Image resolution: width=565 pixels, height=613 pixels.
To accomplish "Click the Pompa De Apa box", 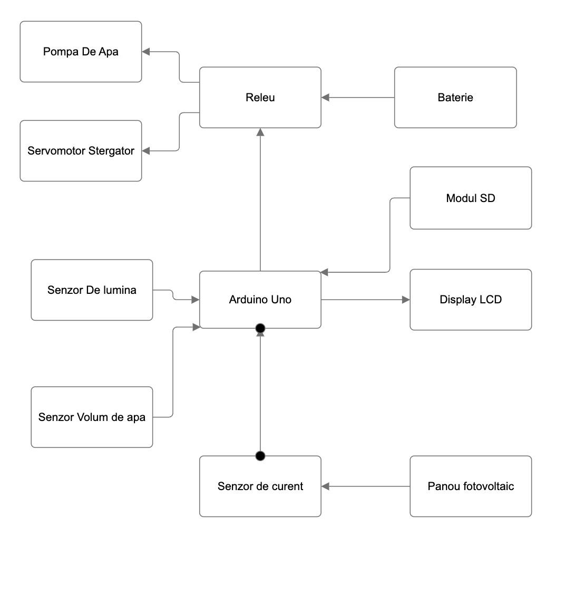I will [x=81, y=52].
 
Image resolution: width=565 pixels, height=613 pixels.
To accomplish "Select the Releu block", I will [x=260, y=98].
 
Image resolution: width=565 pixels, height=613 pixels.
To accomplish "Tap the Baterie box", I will [x=455, y=98].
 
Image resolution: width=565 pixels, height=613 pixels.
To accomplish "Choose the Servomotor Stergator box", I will [x=81, y=151].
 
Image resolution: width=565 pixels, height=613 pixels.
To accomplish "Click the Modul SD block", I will [x=471, y=198].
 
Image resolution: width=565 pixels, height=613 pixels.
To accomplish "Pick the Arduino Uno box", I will [x=260, y=300].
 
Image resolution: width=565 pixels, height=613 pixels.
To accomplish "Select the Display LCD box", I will [x=471, y=300].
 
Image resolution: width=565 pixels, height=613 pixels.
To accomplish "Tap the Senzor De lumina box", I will [x=92, y=290].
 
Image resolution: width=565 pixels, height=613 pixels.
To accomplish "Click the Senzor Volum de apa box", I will [x=92, y=417].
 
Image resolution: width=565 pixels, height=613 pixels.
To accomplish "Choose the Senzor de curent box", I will [x=260, y=486].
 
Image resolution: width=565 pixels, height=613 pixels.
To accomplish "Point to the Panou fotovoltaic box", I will [x=471, y=486].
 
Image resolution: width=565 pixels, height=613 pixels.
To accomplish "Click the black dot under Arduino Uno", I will [x=260, y=329].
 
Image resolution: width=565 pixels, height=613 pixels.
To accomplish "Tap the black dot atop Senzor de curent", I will [x=260, y=456].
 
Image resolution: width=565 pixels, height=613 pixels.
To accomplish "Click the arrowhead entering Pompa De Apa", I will [x=146, y=52].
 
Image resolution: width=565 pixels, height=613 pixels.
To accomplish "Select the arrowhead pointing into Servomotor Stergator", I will [x=146, y=151].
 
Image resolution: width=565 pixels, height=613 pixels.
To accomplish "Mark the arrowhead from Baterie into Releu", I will [x=325, y=98].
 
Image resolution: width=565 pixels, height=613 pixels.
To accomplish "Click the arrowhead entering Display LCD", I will [x=406, y=300].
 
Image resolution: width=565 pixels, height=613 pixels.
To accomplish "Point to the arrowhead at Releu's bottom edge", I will [x=260, y=132].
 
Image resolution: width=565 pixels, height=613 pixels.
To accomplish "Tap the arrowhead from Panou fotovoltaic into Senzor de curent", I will [x=325, y=486].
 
